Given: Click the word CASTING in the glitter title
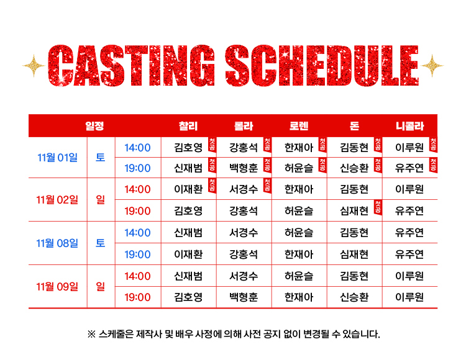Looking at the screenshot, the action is [x=131, y=66].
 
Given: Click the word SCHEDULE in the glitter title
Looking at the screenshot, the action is [x=322, y=66].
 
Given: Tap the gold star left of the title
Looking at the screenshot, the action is [x=34, y=66].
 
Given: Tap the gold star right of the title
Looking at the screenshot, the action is [x=432, y=66].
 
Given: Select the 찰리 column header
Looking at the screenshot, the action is [x=188, y=126].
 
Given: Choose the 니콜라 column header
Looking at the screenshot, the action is [x=410, y=126].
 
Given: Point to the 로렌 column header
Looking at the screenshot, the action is [x=299, y=126].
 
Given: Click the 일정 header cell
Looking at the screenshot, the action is [x=94, y=126].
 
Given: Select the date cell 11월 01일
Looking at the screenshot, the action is [x=57, y=157].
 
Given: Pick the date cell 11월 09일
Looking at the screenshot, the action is [x=57, y=287].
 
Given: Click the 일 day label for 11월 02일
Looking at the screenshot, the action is [x=101, y=200].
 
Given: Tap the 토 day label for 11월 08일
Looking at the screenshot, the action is [x=101, y=243].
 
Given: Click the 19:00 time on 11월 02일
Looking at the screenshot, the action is [x=137, y=211].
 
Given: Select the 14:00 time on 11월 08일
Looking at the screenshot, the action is [x=137, y=233].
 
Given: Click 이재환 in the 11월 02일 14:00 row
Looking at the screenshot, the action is [x=188, y=189].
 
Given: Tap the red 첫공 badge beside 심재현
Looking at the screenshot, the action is [x=378, y=207].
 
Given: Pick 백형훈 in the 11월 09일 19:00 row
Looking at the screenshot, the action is [x=244, y=297].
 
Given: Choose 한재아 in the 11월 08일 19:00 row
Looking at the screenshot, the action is [x=299, y=254].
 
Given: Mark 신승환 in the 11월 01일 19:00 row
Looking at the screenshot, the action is [x=354, y=168].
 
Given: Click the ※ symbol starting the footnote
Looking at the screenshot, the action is [x=91, y=335].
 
